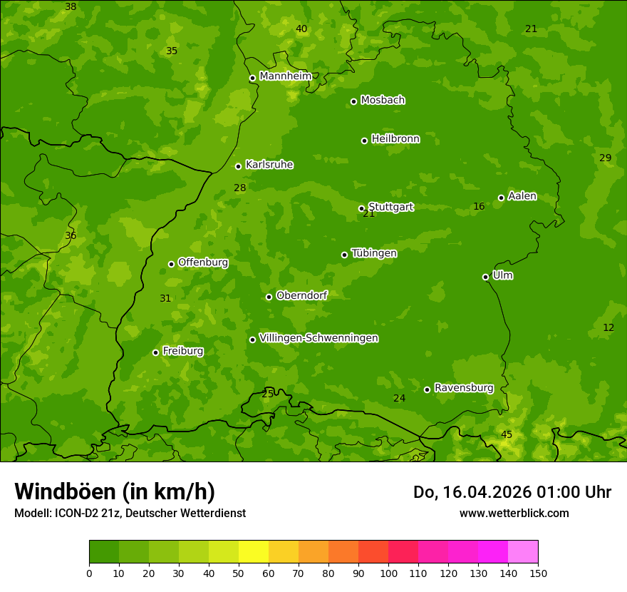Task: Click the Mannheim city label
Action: [286, 76]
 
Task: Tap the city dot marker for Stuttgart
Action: [361, 208]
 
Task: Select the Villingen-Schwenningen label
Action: [318, 338]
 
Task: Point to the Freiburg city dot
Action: [155, 352]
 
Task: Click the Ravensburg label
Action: [464, 388]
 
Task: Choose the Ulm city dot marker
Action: [485, 277]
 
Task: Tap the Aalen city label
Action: [522, 196]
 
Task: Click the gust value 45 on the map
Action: [507, 434]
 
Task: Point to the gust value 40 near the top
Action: [301, 29]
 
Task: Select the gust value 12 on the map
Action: [608, 327]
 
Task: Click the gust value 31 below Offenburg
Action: [165, 298]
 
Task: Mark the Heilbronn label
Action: [395, 139]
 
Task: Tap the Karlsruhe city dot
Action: [238, 166]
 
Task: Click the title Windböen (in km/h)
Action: [115, 491]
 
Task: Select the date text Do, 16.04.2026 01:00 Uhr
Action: [512, 492]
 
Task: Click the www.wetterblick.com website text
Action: [514, 513]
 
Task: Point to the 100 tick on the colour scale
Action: [388, 573]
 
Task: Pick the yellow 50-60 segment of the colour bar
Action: [254, 552]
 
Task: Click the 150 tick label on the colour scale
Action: [538, 573]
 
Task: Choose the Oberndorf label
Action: [301, 295]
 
